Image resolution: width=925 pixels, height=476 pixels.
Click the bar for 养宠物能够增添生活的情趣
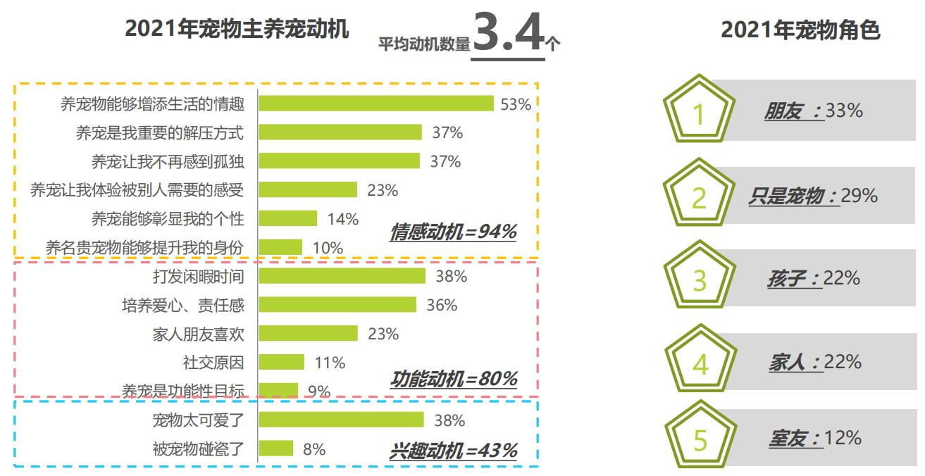pyautogui.click(x=375, y=104)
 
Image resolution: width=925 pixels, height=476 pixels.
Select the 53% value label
pyautogui.click(x=515, y=104)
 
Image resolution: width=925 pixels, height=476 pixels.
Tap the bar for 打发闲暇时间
pyautogui.click(x=342, y=276)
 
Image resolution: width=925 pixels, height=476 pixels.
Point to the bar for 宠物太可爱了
pyautogui.click(x=341, y=420)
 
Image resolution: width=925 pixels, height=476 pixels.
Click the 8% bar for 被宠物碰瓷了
pyautogui.click(x=275, y=449)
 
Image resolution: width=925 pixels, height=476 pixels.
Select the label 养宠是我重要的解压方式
pyautogui.click(x=160, y=132)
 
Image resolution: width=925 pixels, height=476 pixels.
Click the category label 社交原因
pyautogui.click(x=213, y=363)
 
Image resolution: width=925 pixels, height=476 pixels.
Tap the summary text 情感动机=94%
pyautogui.click(x=453, y=232)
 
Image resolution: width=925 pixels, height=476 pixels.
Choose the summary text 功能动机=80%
pyautogui.click(x=454, y=380)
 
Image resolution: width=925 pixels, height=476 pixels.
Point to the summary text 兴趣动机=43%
pyautogui.click(x=453, y=451)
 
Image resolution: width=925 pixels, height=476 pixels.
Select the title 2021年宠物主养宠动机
pyautogui.click(x=237, y=30)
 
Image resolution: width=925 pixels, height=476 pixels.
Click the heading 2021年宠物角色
pyautogui.click(x=800, y=30)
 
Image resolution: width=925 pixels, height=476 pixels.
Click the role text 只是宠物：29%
pyautogui.click(x=813, y=196)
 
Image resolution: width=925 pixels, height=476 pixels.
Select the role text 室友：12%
pyautogui.click(x=814, y=438)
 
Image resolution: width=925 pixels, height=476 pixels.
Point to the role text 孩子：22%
pyautogui.click(x=814, y=278)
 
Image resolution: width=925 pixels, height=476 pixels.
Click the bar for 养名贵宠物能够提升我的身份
pyautogui.click(x=280, y=247)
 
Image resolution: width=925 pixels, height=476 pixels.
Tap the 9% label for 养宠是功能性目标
pyautogui.click(x=319, y=391)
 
